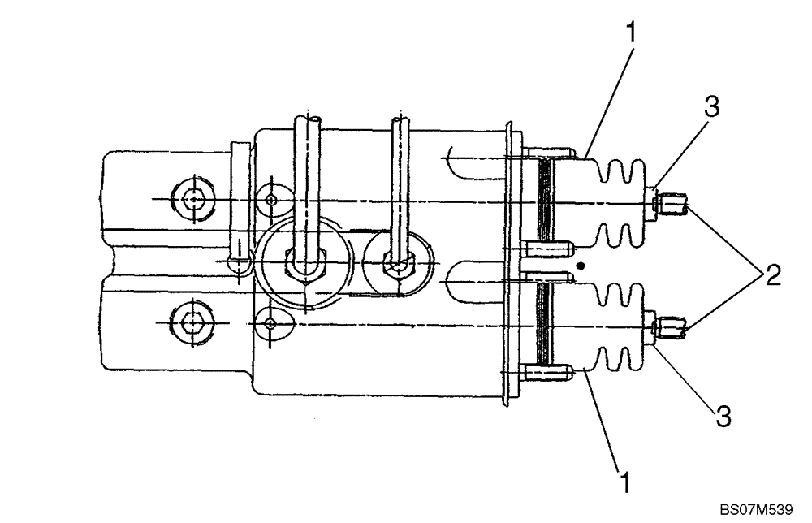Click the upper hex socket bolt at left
(192, 198)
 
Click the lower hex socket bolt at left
(192, 322)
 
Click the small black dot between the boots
(578, 265)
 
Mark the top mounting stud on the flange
(552, 152)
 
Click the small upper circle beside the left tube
(271, 200)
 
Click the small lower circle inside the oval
(271, 323)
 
